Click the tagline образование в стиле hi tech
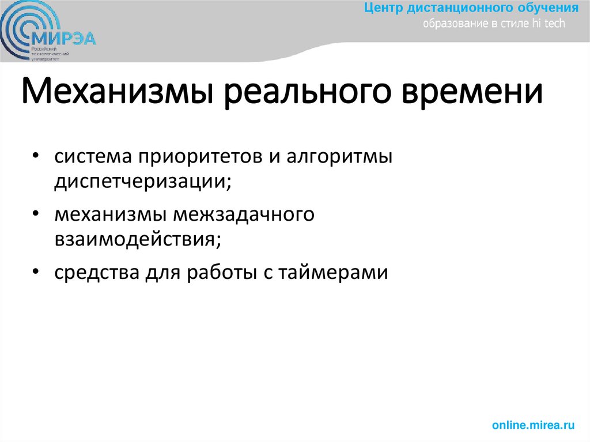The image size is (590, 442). (494, 24)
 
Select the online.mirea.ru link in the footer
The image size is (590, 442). (534, 425)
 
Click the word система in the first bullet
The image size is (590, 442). (92, 157)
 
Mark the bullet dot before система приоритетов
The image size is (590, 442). (36, 157)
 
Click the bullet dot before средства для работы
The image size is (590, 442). (36, 271)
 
